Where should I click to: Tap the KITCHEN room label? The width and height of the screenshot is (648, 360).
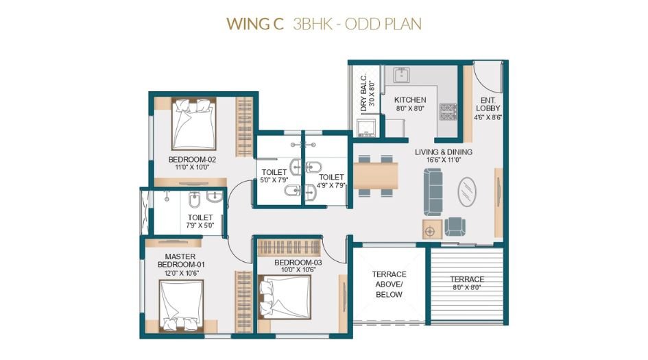tap(409, 100)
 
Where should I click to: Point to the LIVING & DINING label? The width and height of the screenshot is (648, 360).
tap(443, 152)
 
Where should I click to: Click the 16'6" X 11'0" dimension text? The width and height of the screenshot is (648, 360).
tap(443, 160)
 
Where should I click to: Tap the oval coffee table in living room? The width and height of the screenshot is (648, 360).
tap(468, 191)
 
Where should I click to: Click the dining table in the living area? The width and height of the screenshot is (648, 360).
tap(376, 175)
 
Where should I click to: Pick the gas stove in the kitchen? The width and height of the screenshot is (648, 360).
tap(448, 110)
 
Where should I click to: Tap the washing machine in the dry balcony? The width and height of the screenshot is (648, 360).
tap(365, 127)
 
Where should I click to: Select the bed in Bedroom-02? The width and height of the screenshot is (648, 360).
tap(193, 123)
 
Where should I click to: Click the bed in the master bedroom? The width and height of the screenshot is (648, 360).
tap(182, 305)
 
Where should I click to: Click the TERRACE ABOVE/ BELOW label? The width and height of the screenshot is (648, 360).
tap(389, 284)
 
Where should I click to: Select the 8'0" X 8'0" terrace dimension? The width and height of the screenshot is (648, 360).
tap(467, 288)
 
